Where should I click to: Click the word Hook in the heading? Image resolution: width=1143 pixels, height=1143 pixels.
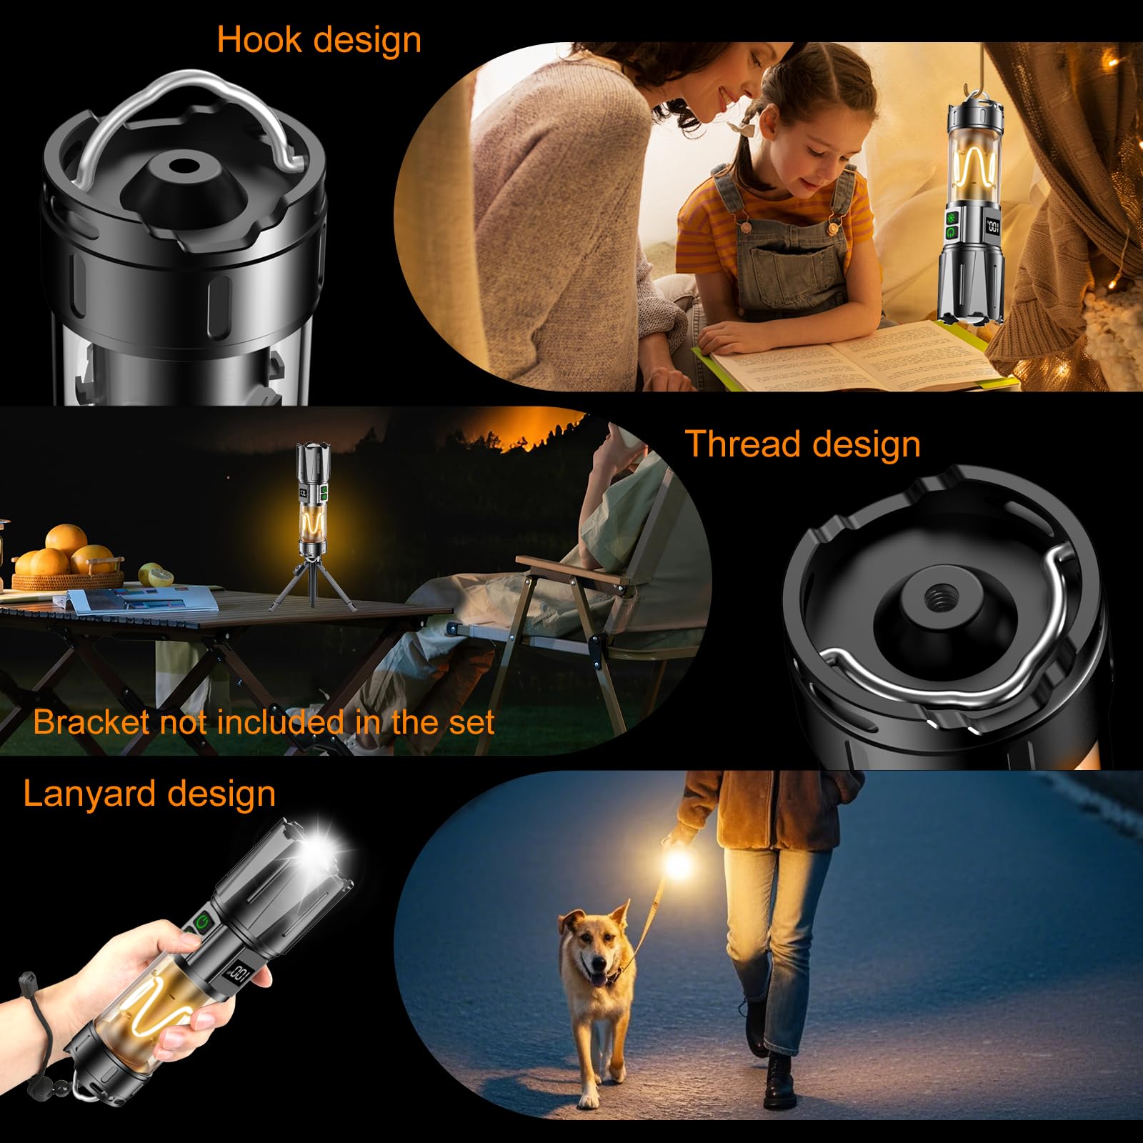coord(260,40)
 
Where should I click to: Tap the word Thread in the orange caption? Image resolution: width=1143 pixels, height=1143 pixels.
coord(742,444)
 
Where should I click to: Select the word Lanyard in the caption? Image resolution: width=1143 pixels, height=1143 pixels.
coord(86,794)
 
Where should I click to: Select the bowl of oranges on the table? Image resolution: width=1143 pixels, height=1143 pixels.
coord(68,561)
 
